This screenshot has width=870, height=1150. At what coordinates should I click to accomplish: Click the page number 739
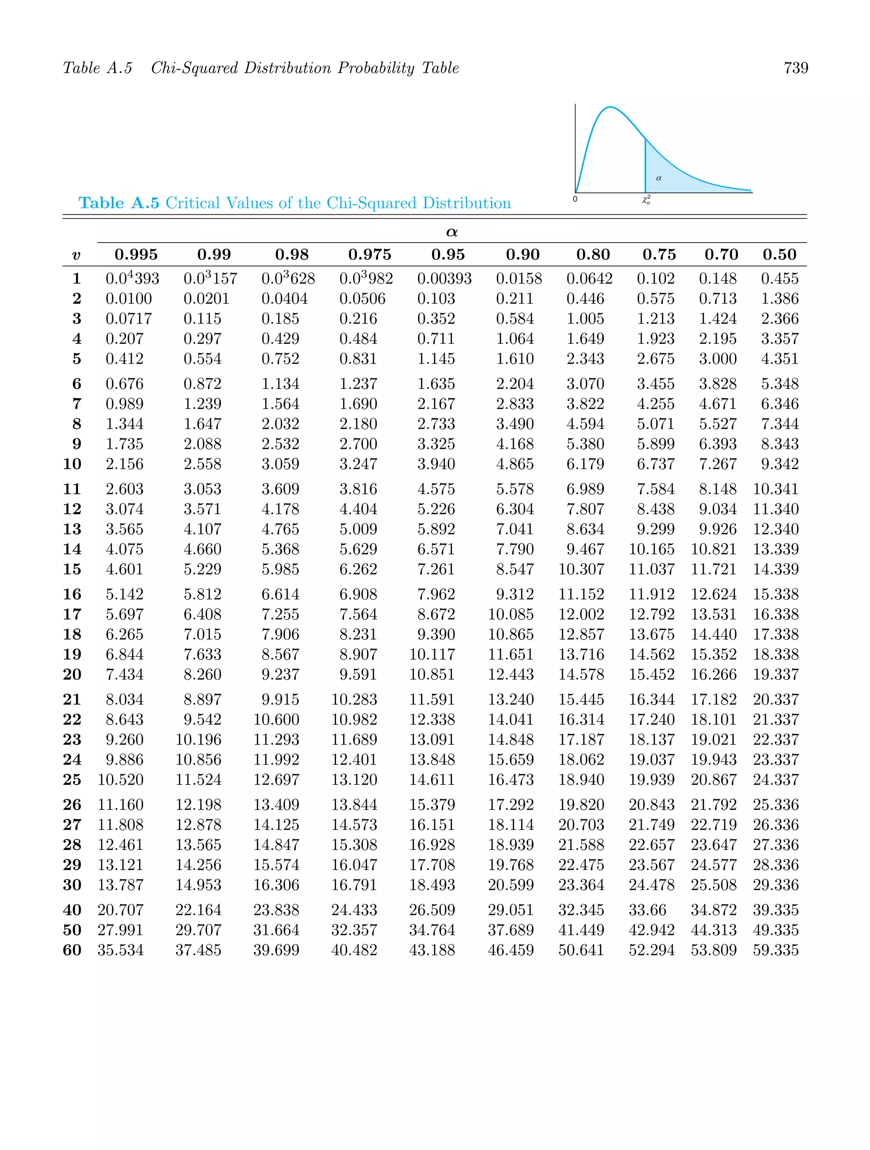(x=796, y=68)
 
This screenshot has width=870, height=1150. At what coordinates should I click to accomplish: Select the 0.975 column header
(x=370, y=255)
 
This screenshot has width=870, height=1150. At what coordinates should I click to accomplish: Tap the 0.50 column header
(x=779, y=255)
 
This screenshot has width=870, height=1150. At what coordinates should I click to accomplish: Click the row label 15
(x=72, y=569)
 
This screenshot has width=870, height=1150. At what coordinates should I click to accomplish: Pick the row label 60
(x=72, y=950)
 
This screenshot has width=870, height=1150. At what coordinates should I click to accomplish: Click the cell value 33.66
(x=647, y=910)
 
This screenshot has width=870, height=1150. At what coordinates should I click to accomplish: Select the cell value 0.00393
(x=444, y=279)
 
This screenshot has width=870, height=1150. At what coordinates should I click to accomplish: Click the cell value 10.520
(x=120, y=780)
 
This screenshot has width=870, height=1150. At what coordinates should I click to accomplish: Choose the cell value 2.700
(x=358, y=444)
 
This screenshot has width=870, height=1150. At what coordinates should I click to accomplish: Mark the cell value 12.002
(x=581, y=615)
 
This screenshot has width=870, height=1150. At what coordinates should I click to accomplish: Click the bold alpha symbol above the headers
(x=452, y=232)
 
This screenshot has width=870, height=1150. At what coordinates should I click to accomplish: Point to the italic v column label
(x=76, y=255)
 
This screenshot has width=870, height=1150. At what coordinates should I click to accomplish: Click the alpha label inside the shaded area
(x=658, y=178)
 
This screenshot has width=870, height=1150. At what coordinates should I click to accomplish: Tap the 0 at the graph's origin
(x=575, y=199)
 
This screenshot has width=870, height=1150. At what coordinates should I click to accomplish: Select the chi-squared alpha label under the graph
(x=646, y=200)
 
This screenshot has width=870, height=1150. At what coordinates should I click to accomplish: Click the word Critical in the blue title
(x=192, y=203)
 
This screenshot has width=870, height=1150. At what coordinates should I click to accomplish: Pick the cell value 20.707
(x=120, y=910)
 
